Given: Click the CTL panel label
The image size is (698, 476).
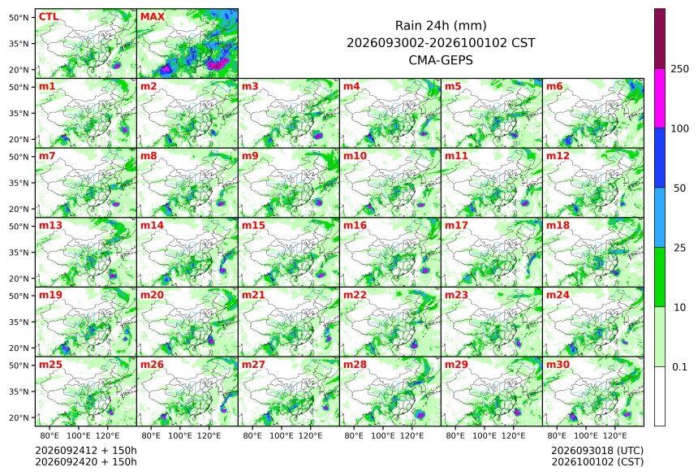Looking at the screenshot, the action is point(48,17).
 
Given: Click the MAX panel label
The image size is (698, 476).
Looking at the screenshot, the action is point(153,17).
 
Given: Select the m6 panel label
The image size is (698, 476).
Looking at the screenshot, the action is point(554,86).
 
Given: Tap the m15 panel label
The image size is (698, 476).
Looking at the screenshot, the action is point(253,226).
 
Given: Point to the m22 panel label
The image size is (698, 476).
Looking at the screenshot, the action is point(355,295).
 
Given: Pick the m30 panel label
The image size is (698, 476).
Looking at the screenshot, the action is point(558,365).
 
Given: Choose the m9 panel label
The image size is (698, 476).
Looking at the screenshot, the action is point(250,156).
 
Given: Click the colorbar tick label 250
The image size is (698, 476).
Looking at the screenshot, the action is point(680,69).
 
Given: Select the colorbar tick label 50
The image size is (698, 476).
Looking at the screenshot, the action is point(680,188).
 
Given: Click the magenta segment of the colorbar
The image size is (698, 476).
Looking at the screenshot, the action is point(660,98).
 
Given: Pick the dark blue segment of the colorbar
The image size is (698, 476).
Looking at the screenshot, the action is point(660,158).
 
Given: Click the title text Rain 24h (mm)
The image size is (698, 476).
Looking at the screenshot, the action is point(441,26).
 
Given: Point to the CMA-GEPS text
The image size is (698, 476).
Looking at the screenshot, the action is point(441,60).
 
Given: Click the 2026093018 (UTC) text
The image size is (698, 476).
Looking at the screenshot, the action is point(597,451).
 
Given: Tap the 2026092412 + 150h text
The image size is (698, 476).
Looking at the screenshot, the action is point(86,451).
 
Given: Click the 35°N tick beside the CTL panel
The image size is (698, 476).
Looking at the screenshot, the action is point(19,44).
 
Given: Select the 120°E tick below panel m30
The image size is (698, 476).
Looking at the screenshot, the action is point(614,435).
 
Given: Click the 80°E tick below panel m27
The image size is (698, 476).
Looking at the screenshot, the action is point(252,435).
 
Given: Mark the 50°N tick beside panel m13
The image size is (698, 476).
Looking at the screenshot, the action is point(19,227).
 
